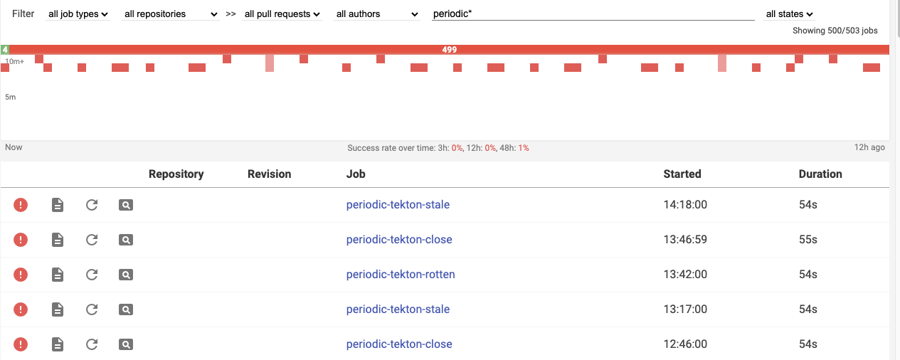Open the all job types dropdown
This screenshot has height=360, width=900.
click(78, 14)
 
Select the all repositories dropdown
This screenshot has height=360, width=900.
click(171, 14)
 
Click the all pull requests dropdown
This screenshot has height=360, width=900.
click(282, 14)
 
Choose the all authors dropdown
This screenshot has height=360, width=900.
click(377, 14)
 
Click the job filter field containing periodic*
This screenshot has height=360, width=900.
click(592, 14)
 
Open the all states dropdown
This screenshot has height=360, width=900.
click(789, 14)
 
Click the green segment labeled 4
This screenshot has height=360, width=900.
click(5, 50)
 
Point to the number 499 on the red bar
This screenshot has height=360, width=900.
click(449, 50)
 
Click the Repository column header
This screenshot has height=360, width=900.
click(176, 174)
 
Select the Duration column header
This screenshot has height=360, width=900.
click(820, 174)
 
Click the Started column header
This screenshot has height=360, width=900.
click(682, 174)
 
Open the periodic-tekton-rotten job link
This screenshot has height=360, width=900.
click(401, 275)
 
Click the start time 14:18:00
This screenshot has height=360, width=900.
click(685, 205)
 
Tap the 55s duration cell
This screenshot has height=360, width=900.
click(808, 240)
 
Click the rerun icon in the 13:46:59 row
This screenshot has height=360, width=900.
click(92, 240)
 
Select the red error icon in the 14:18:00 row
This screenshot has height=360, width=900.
click(21, 205)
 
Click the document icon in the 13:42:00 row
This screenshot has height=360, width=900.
click(58, 275)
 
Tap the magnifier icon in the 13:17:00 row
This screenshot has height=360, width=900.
click(126, 309)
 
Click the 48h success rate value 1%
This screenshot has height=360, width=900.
click(523, 148)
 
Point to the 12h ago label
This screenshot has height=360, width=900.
click(869, 147)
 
